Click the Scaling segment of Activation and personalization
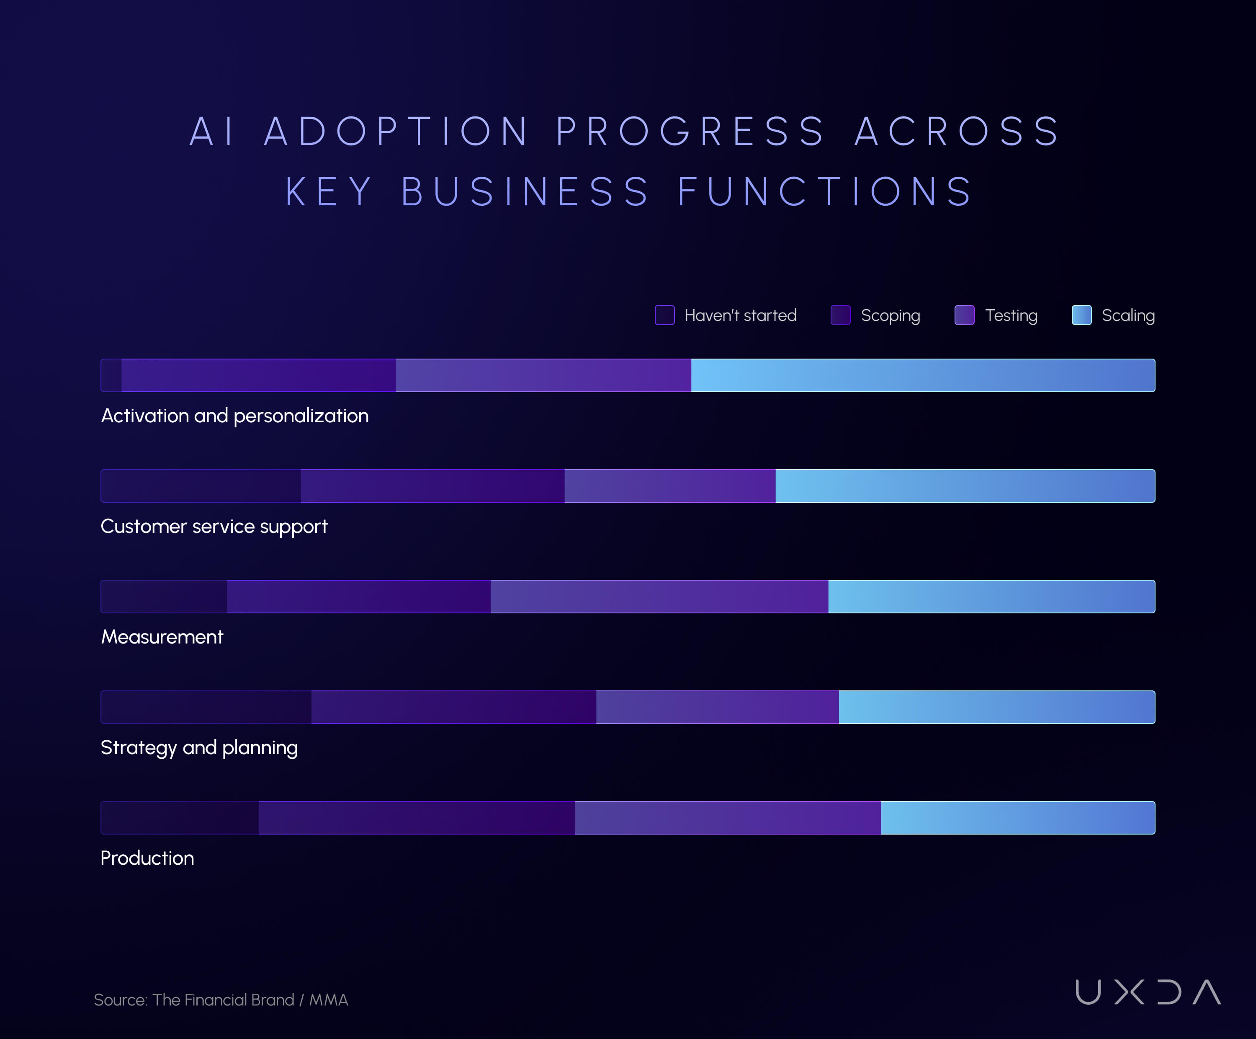(x=923, y=375)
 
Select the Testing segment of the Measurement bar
(x=659, y=597)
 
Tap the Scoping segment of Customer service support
(x=432, y=486)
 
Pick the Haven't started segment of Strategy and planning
(x=206, y=708)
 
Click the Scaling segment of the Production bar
(x=1018, y=817)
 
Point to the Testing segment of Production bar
(x=728, y=817)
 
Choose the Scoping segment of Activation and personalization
(x=258, y=375)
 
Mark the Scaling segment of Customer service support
(x=965, y=486)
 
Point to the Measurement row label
(x=162, y=637)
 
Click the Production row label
(x=147, y=858)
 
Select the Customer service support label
(x=214, y=527)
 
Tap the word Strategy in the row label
(x=139, y=748)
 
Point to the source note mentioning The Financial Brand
(x=221, y=1000)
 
